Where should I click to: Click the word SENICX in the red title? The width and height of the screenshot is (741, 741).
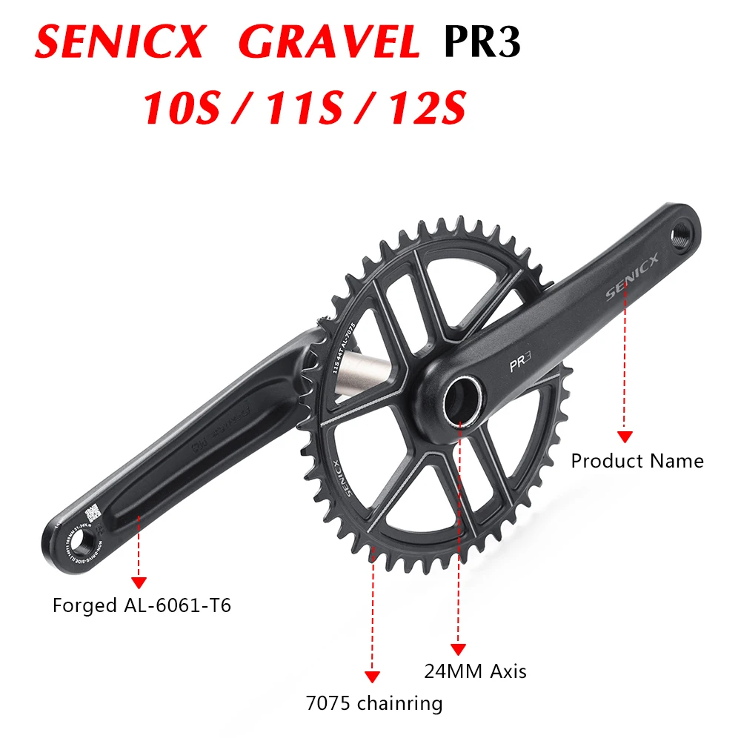[119, 42]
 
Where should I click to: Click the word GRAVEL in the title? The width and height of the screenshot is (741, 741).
[329, 42]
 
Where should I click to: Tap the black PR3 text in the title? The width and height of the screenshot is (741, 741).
[482, 42]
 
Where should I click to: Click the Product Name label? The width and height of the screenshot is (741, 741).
[637, 461]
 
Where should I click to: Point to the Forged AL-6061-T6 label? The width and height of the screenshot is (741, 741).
[142, 605]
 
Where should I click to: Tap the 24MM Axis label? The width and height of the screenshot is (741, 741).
[475, 671]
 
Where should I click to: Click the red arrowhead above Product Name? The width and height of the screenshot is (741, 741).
[625, 436]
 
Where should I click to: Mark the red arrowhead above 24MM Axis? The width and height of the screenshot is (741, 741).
[458, 648]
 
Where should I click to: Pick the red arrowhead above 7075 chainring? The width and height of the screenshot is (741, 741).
[372, 677]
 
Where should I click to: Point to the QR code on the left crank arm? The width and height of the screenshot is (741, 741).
[92, 512]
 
